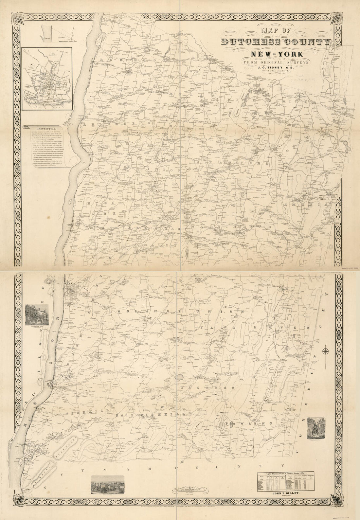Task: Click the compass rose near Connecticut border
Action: click(x=326, y=351)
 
